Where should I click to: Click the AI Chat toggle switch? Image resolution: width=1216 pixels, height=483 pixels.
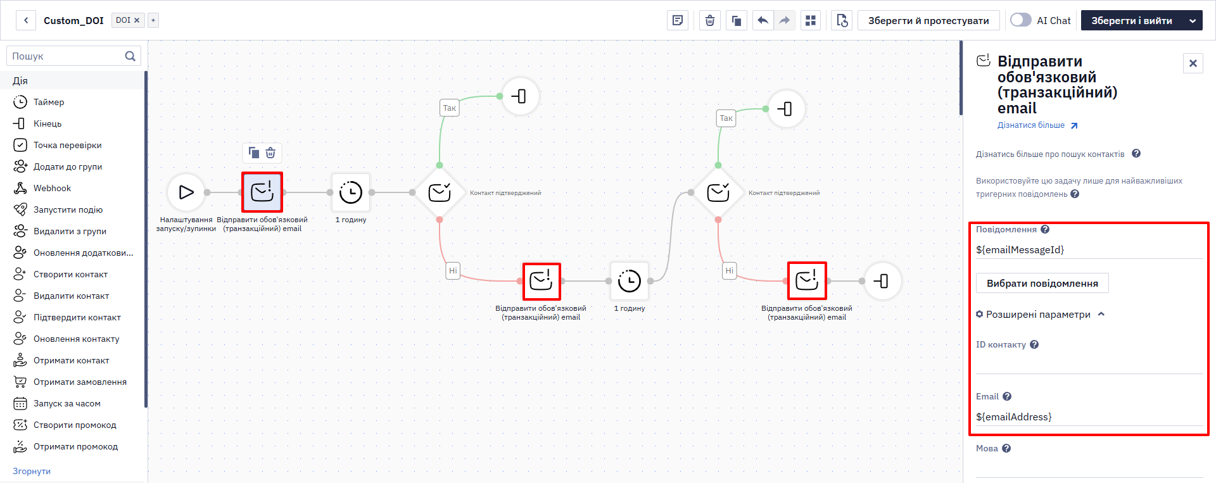click(1020, 20)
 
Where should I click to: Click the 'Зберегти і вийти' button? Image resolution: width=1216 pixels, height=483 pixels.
click(1131, 20)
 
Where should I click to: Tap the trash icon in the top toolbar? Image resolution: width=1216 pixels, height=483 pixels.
click(710, 20)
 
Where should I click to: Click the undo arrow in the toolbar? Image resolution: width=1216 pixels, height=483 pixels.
click(763, 20)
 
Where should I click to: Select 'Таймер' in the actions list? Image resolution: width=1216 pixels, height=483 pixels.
click(49, 102)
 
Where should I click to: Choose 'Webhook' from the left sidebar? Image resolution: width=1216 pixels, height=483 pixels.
click(52, 188)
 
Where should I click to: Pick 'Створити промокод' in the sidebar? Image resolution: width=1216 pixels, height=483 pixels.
click(75, 425)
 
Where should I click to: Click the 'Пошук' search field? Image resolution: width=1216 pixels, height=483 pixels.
click(67, 56)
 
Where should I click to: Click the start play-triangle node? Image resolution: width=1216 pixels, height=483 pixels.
click(186, 192)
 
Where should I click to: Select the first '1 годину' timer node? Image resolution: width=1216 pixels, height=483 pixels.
click(350, 192)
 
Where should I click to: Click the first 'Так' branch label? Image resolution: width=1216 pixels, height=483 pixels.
click(450, 108)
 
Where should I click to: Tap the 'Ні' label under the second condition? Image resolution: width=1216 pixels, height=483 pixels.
click(729, 270)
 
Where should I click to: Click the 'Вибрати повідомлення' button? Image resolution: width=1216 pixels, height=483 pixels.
click(1042, 283)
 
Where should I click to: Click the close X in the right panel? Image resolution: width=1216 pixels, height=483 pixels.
click(1193, 63)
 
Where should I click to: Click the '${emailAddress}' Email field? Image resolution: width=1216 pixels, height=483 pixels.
click(1089, 417)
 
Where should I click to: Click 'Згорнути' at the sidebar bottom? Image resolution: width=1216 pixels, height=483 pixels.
click(32, 471)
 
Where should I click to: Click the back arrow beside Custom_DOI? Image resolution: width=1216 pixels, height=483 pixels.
click(26, 20)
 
